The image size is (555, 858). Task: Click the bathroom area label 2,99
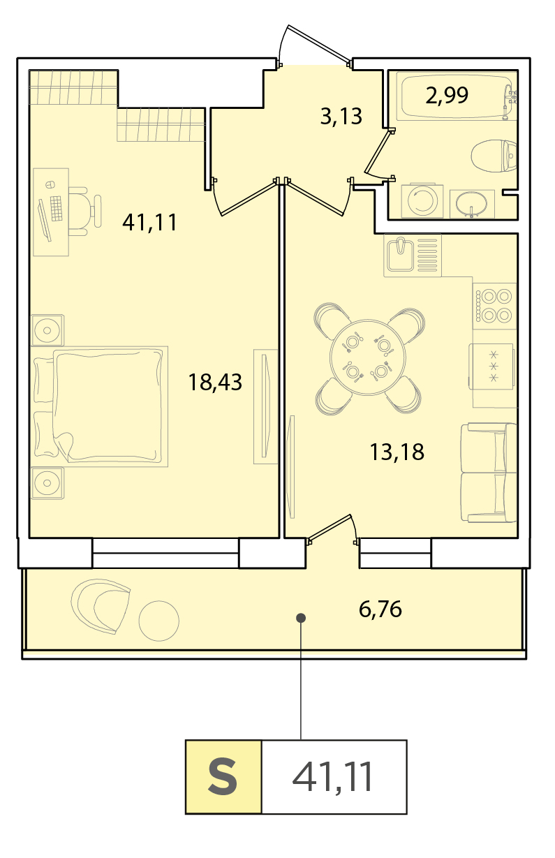click(447, 96)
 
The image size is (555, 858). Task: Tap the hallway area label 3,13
click(341, 117)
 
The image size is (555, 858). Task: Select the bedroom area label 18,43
click(215, 383)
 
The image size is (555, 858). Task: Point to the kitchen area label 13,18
click(397, 452)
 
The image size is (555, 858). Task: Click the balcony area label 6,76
click(380, 609)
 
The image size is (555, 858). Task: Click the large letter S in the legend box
click(223, 777)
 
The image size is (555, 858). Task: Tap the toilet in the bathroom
click(494, 156)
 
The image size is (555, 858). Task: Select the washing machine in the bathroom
click(422, 201)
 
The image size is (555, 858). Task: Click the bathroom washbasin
click(472, 204)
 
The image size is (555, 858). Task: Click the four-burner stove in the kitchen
click(494, 306)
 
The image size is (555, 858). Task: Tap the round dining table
click(368, 357)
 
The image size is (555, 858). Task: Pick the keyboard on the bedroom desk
click(56, 209)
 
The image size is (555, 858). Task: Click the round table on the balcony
click(159, 621)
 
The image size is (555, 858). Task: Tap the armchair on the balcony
click(101, 606)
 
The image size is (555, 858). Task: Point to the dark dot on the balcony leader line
click(301, 617)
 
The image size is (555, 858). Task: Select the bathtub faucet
click(509, 101)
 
